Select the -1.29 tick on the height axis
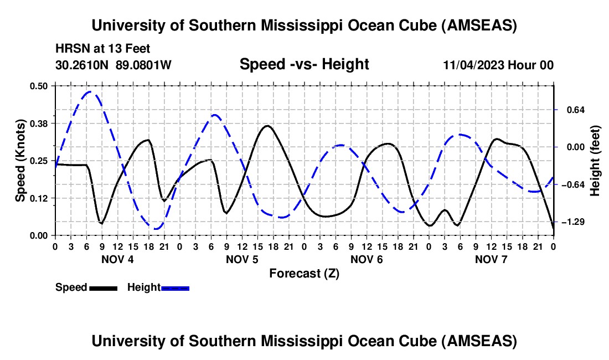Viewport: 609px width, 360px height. [570, 222]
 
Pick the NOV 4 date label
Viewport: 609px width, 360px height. [117, 259]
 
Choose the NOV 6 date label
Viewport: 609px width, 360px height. [366, 259]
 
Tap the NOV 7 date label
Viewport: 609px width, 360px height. [491, 259]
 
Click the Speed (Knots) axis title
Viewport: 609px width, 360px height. [20, 161]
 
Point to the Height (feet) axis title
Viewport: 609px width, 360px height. [595, 161]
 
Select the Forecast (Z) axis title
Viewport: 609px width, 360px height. [304, 273]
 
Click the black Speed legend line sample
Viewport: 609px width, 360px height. [103, 287]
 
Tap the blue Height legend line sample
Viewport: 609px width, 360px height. [176, 287]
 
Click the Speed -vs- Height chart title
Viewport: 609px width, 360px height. [304, 65]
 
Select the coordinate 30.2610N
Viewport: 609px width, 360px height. [82, 65]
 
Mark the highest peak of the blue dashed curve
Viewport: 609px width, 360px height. [91, 92]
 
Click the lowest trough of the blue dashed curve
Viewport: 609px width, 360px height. [156, 228]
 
